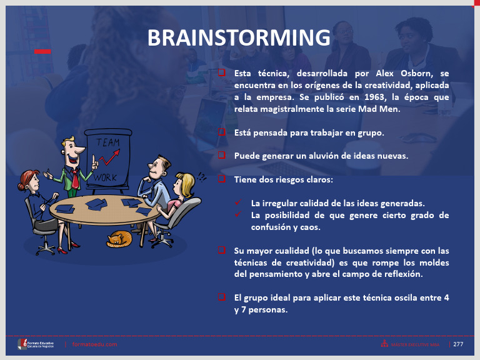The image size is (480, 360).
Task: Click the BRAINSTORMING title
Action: click(x=239, y=37)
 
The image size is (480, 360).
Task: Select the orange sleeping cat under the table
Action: click(x=119, y=239)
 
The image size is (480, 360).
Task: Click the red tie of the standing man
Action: click(x=75, y=178)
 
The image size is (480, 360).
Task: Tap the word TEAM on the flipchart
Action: click(x=108, y=142)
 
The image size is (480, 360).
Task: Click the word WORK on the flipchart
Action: click(x=106, y=178)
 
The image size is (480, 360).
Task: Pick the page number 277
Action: click(x=458, y=344)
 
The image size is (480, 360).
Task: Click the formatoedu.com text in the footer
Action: click(x=95, y=344)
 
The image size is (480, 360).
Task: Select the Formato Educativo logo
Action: click(x=38, y=344)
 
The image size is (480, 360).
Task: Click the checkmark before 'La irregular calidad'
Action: click(x=238, y=203)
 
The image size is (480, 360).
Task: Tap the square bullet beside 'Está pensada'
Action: click(x=222, y=132)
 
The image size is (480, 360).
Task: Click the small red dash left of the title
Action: click(x=42, y=51)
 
